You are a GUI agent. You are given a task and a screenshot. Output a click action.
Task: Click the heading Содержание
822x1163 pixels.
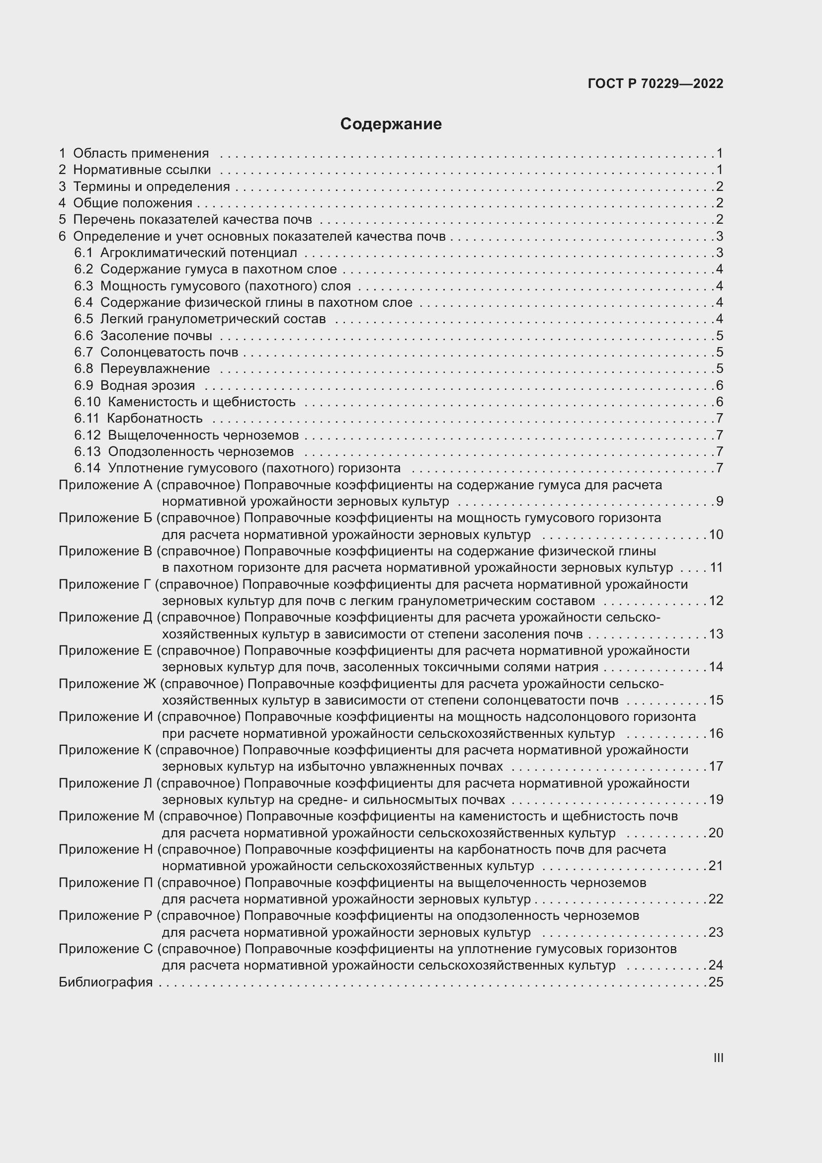[x=391, y=124]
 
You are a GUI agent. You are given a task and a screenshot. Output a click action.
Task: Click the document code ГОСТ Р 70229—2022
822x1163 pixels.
[x=656, y=84]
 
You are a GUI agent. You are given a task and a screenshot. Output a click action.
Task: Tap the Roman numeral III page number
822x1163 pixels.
[x=718, y=1058]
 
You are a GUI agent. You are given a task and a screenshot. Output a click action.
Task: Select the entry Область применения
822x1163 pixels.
[x=141, y=153]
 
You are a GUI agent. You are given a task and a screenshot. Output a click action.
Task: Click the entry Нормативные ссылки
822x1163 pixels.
[x=142, y=170]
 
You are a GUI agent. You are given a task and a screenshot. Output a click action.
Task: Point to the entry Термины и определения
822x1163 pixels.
[x=152, y=186]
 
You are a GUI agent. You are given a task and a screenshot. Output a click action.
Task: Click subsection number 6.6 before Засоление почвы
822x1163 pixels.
[x=83, y=336]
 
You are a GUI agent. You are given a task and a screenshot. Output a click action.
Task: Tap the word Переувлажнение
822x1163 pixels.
[x=155, y=369]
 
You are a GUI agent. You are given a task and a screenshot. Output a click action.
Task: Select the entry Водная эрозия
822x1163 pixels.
[x=147, y=385]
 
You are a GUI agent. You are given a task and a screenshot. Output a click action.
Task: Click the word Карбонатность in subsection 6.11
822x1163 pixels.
[x=155, y=418]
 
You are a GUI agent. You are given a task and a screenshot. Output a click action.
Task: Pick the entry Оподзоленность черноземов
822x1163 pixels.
[x=200, y=451]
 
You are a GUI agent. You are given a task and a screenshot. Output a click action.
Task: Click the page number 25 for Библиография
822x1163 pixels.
[x=716, y=982]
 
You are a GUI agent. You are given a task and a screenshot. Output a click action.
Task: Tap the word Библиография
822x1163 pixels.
[x=105, y=982]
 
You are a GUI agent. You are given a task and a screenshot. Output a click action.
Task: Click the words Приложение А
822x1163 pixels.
[x=105, y=485]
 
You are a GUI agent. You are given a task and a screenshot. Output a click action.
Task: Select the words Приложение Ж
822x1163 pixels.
[x=107, y=684]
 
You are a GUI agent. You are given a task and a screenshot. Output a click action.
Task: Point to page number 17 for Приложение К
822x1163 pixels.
[x=716, y=766]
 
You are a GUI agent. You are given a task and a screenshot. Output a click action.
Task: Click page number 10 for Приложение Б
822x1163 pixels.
[x=716, y=535]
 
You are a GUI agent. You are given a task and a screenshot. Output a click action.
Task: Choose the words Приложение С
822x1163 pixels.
[x=105, y=949]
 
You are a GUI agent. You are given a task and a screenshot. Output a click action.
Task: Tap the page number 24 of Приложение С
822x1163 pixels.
[x=716, y=966]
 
